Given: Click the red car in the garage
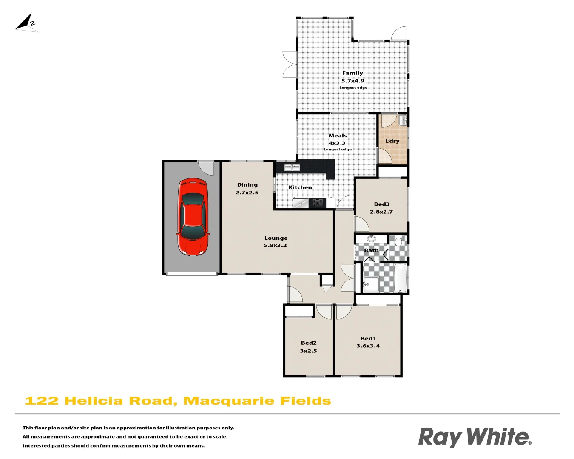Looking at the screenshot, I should click(x=193, y=216).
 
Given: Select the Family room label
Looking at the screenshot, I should click(x=352, y=73).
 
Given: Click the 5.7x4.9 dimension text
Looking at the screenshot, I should click(x=353, y=81).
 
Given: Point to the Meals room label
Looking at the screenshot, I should click(x=338, y=136).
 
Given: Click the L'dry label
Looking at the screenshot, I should click(x=392, y=141).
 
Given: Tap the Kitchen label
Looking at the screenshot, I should click(x=300, y=187).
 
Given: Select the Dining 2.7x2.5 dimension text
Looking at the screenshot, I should click(x=247, y=193).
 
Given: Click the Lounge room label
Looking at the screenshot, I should click(x=276, y=238).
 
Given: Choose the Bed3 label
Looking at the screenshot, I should click(x=382, y=204).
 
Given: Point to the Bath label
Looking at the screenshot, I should click(x=371, y=250).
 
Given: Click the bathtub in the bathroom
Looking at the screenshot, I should click(x=401, y=278).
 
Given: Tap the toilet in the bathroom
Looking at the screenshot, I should click(x=398, y=242).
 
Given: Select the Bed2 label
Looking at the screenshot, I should click(x=309, y=343).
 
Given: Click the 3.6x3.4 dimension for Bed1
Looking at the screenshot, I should click(x=368, y=346).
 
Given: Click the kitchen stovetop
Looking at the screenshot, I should click(x=317, y=203).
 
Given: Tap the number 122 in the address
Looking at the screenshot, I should click(x=42, y=401).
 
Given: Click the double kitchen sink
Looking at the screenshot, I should click(x=292, y=167).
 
